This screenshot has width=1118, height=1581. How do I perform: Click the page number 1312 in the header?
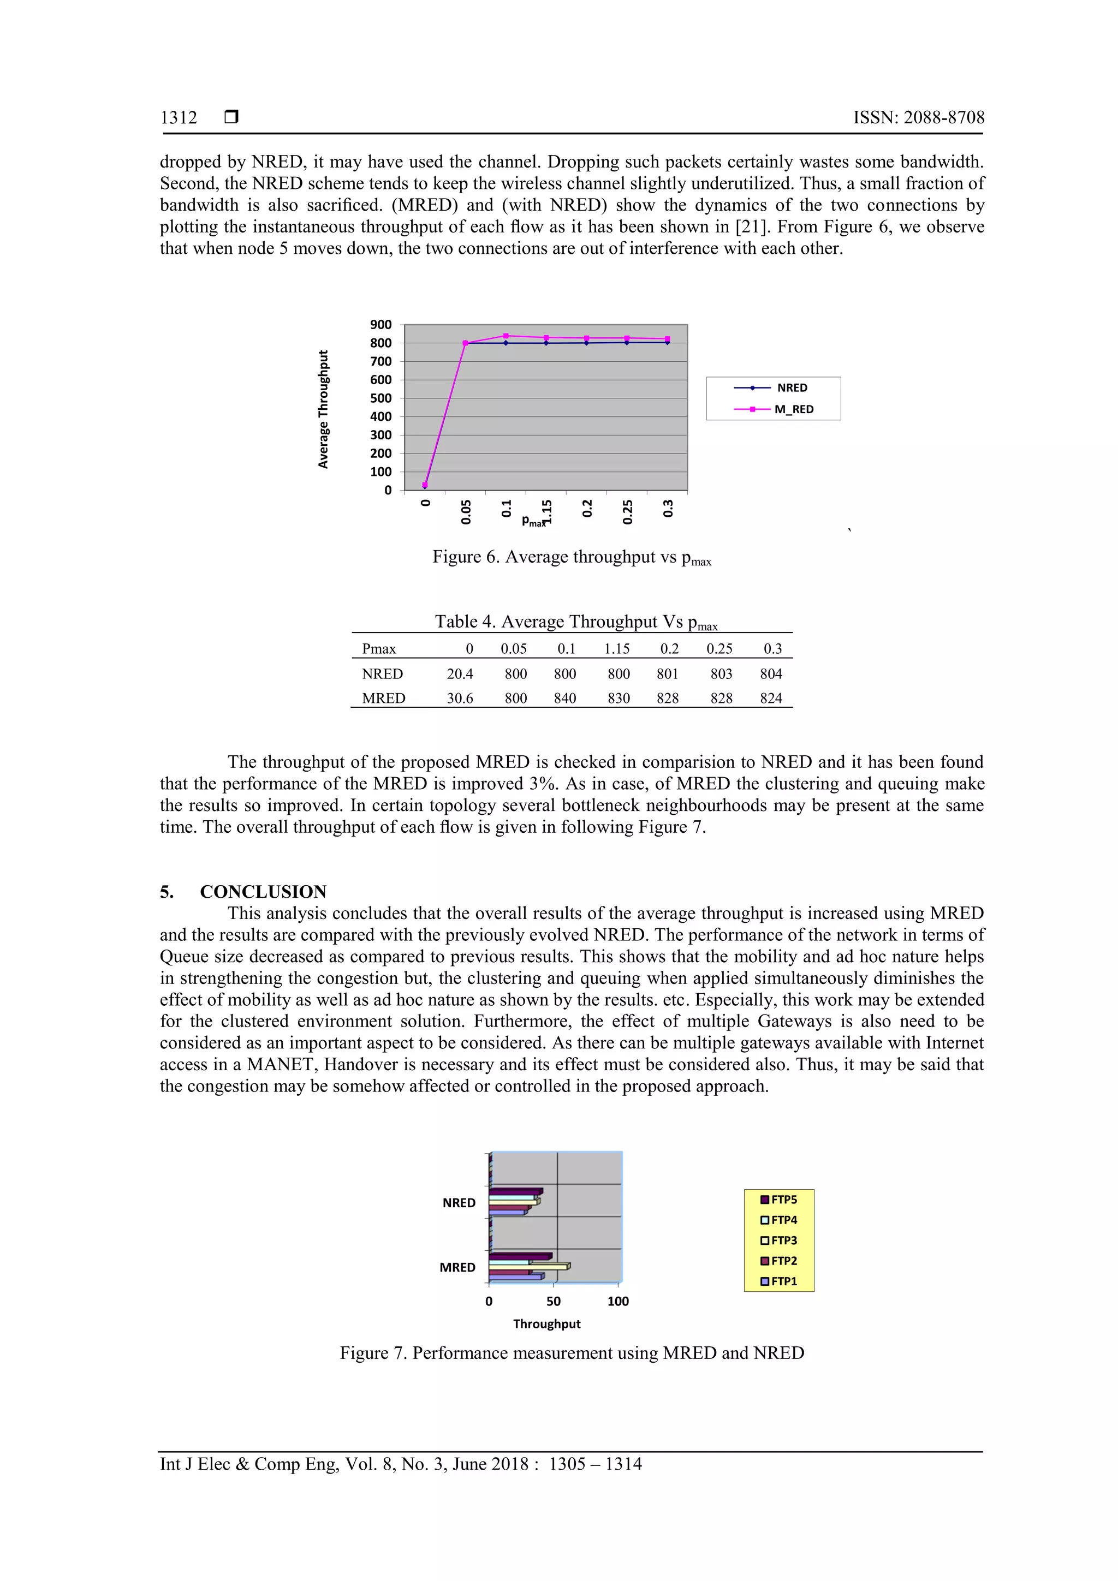(x=179, y=118)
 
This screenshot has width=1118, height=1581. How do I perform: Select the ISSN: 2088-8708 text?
(x=918, y=118)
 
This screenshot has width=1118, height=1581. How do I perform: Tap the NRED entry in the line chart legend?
(x=792, y=387)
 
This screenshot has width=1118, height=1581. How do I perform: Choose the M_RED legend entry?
(x=794, y=409)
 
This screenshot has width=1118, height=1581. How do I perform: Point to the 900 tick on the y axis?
(x=380, y=324)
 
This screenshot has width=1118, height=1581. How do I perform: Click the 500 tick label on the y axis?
(x=380, y=398)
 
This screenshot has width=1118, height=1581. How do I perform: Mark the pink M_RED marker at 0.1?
(x=506, y=336)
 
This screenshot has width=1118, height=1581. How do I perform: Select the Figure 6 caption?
(x=571, y=557)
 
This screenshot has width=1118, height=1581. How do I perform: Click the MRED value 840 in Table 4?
(x=565, y=698)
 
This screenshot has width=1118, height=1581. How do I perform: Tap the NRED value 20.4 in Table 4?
(x=460, y=673)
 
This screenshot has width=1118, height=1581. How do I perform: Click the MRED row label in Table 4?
(x=384, y=698)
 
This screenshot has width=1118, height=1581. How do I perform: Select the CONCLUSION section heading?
(x=263, y=891)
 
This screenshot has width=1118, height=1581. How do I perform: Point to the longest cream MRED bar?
(x=528, y=1266)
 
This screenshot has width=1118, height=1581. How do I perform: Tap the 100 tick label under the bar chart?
(x=618, y=1302)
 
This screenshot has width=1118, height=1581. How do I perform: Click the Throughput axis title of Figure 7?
(x=546, y=1323)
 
